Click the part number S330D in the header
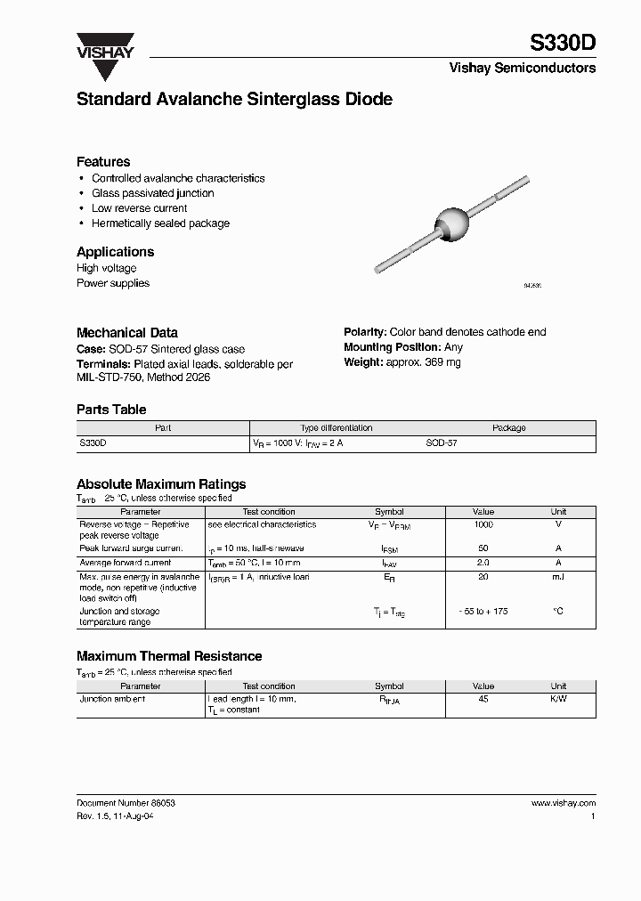click(x=564, y=43)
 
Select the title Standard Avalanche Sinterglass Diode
click(x=234, y=100)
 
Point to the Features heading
click(x=103, y=162)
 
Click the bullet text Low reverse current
click(x=140, y=208)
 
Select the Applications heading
click(x=115, y=252)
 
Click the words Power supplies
click(x=113, y=283)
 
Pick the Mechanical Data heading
click(x=127, y=332)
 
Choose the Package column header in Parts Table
click(x=509, y=428)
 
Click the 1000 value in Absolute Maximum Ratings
click(x=483, y=525)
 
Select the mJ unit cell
click(x=558, y=578)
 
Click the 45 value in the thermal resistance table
click(x=483, y=700)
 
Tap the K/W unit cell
click(x=558, y=700)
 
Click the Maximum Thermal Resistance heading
click(x=169, y=656)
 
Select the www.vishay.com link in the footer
click(x=564, y=803)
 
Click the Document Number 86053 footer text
click(x=126, y=803)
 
